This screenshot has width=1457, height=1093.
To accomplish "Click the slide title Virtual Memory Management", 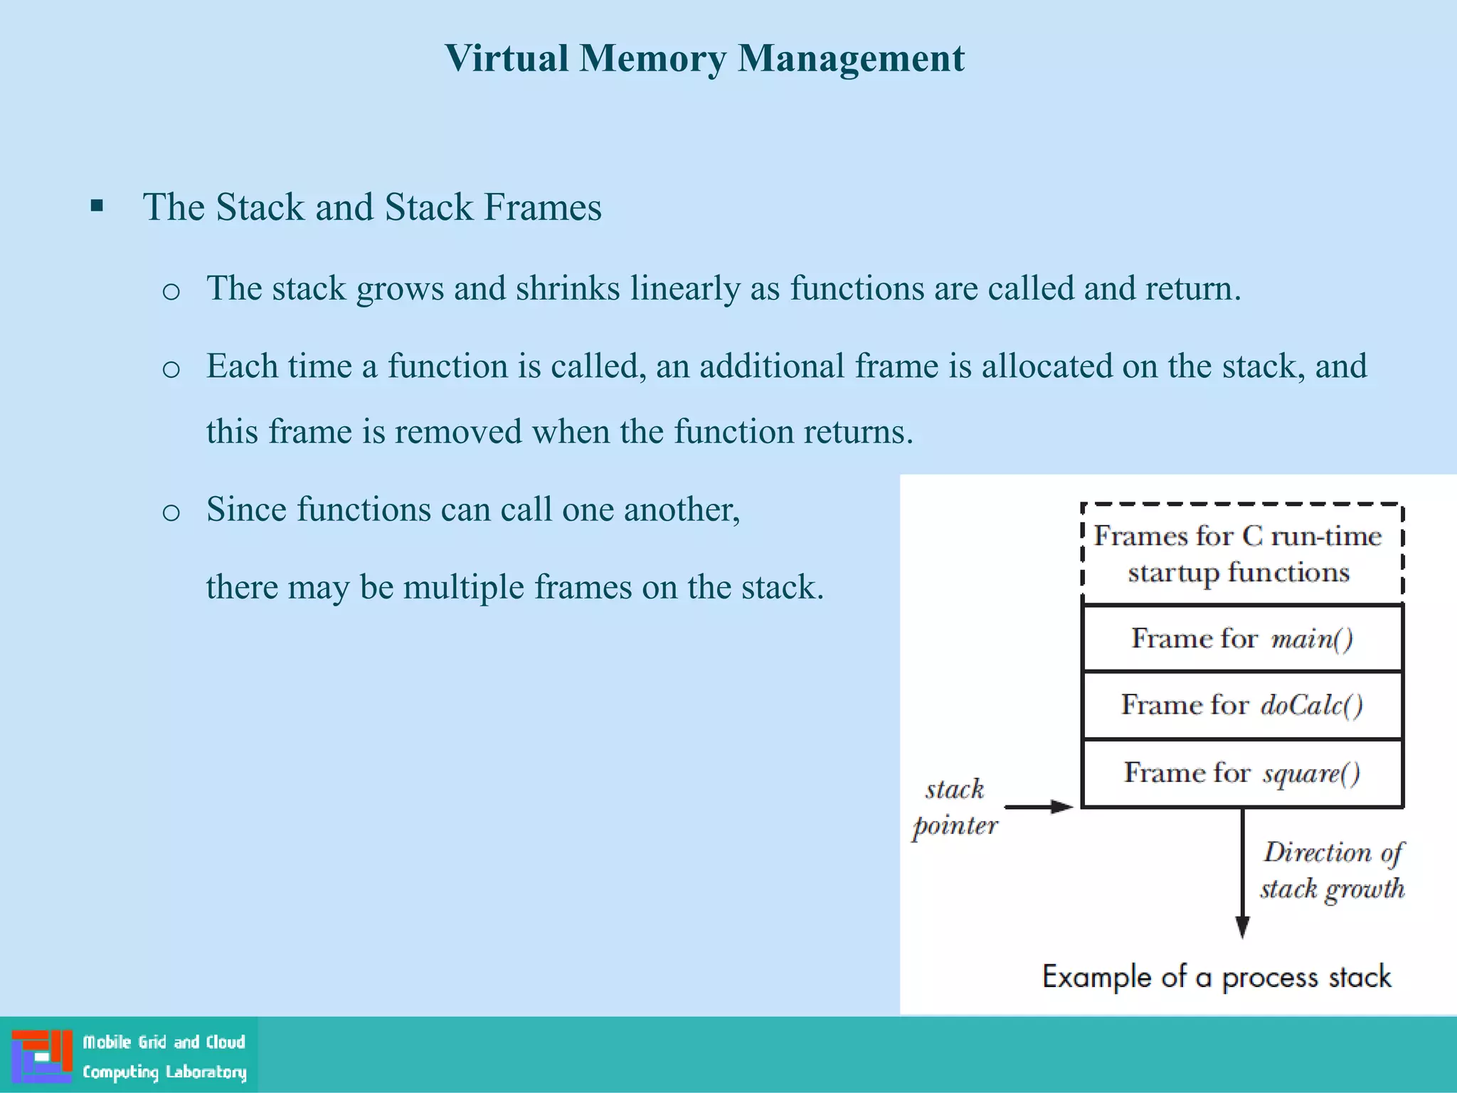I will (704, 58).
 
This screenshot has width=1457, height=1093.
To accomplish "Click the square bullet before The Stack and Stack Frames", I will (97, 207).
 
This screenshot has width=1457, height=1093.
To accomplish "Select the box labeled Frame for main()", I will (1241, 638).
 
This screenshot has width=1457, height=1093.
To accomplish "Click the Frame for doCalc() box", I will (1241, 705).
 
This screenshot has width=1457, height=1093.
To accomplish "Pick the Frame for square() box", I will (1241, 773).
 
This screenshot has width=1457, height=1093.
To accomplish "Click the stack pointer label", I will (955, 807).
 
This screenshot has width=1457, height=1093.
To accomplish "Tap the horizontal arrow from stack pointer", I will (1038, 807).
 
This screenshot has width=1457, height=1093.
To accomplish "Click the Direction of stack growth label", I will (1332, 870).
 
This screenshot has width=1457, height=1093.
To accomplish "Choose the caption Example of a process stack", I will (1216, 977).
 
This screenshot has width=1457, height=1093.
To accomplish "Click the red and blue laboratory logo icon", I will (42, 1056).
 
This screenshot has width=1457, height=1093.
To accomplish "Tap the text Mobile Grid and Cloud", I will (164, 1042).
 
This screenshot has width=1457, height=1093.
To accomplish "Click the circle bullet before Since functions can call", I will (171, 512).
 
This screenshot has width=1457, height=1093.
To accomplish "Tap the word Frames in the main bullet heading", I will (542, 208).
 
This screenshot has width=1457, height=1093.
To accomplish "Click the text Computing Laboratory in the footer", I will (164, 1072).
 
